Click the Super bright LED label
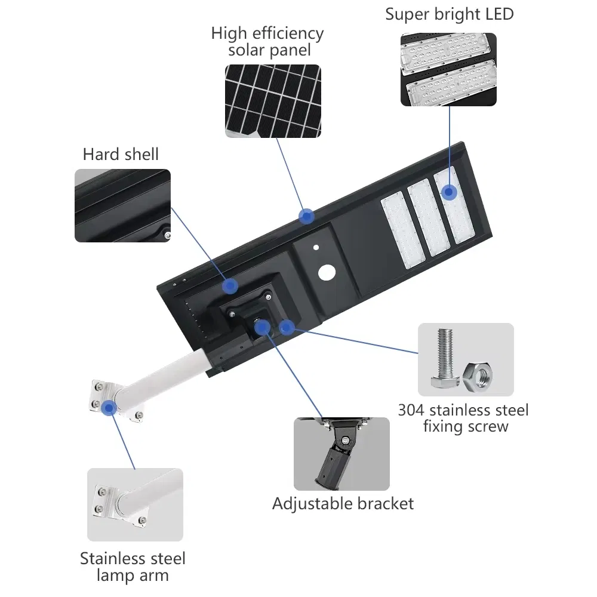449,14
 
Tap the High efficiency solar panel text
267,41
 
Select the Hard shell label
121,155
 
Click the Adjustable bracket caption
343,503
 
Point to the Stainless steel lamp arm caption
133,567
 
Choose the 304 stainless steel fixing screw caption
463,418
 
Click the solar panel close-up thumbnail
272,101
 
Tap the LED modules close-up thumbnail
448,69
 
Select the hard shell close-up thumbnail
122,205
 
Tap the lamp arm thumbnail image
135,504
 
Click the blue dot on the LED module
448,192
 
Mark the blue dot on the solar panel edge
307,216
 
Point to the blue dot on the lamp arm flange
108,408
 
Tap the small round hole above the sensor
316,246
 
